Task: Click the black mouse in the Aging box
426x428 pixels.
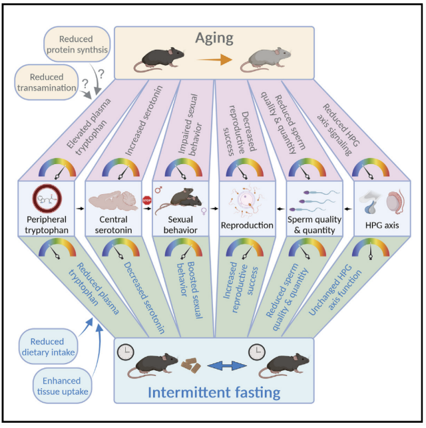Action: pos(160,59)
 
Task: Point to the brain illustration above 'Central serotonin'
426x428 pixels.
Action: pos(113,201)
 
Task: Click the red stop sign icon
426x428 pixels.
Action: pos(147,197)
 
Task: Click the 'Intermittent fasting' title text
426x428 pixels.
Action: pos(214,393)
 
